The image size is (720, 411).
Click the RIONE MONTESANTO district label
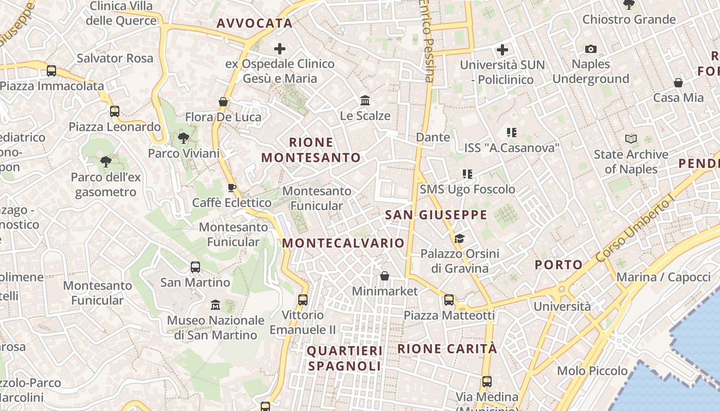click(311, 150)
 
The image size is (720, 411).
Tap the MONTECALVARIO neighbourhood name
click(344, 243)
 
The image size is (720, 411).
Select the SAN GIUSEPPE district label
click(436, 215)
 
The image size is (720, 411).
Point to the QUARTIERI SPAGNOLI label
click(345, 358)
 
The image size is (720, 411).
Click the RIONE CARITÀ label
click(447, 349)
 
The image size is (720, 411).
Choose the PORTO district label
click(559, 265)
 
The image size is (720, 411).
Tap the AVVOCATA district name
click(255, 23)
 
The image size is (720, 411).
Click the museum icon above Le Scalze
click(365, 100)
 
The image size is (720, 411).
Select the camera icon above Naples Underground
click(591, 49)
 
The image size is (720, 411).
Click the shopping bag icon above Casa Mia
click(678, 83)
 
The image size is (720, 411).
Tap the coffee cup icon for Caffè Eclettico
click(232, 188)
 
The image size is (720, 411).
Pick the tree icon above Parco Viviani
click(183, 138)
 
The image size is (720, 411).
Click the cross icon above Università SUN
click(502, 50)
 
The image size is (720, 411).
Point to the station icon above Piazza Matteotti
click(449, 300)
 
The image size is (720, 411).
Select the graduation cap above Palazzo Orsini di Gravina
click(459, 238)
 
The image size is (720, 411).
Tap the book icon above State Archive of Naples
click(631, 139)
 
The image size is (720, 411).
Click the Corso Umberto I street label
click(635, 230)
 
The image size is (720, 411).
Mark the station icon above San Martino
click(195, 267)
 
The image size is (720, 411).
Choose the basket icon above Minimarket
click(384, 276)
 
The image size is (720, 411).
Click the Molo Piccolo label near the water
click(592, 371)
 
